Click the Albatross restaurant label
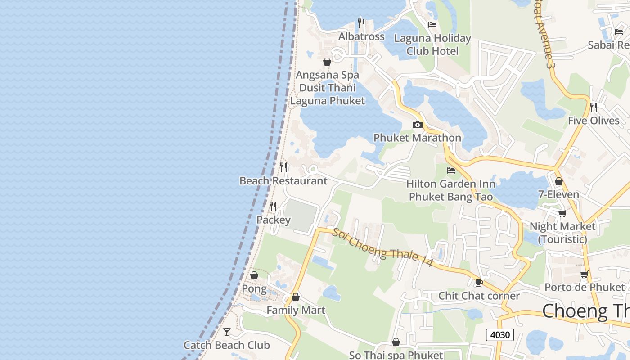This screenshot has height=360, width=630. pos(361,36)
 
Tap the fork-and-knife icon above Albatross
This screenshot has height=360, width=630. pos(361,23)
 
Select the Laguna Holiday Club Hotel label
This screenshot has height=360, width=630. pos(432,45)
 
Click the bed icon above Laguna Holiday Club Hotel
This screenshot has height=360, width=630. pos(432,25)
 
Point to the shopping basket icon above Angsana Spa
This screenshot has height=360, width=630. pos(327,62)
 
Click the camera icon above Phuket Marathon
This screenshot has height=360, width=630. pos(417,125)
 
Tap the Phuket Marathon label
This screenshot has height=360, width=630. pos(417,138)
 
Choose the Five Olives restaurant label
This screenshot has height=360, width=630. pos(594,121)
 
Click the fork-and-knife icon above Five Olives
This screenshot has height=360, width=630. pos(594,107)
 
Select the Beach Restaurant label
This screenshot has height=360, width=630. pos(283,181)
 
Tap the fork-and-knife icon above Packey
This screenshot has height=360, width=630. pos(273,207)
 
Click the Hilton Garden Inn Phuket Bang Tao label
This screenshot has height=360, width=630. pos(450,190)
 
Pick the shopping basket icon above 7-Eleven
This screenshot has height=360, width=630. pos(558,182)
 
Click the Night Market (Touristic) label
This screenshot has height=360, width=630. pos(562,233)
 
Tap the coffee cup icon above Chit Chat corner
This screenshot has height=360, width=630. pos(479,283)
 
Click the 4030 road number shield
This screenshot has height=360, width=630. pos(499,334)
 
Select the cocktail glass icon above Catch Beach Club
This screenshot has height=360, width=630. pos(227,332)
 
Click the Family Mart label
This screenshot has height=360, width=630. pos(296,310)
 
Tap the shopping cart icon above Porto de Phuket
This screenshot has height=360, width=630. pos(584,274)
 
